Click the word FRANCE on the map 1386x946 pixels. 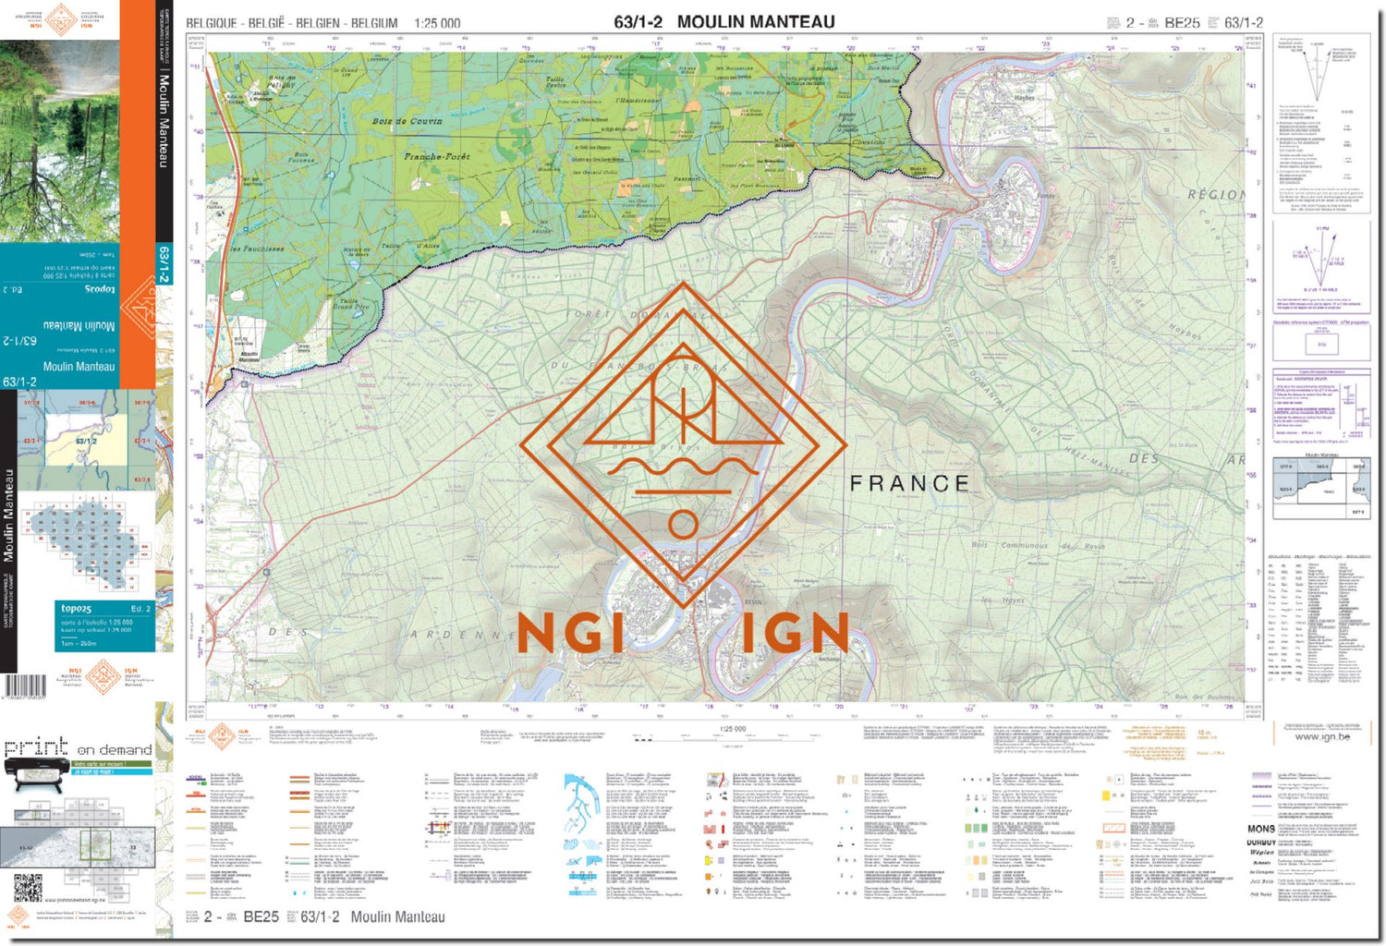[909, 483]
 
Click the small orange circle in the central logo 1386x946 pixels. [683, 525]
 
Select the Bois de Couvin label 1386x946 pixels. [407, 121]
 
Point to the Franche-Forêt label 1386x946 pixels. [436, 157]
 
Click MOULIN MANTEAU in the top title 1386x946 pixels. [755, 22]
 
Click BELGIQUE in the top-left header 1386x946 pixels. [212, 23]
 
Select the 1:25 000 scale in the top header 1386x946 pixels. [437, 23]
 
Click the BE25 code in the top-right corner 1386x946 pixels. [1182, 23]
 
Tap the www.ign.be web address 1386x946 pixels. [1321, 736]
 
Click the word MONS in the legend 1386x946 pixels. [1260, 829]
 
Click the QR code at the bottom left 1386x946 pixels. [28, 888]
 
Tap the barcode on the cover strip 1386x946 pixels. [25, 685]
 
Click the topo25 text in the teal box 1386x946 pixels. [76, 609]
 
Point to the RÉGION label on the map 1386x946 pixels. [1215, 195]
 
